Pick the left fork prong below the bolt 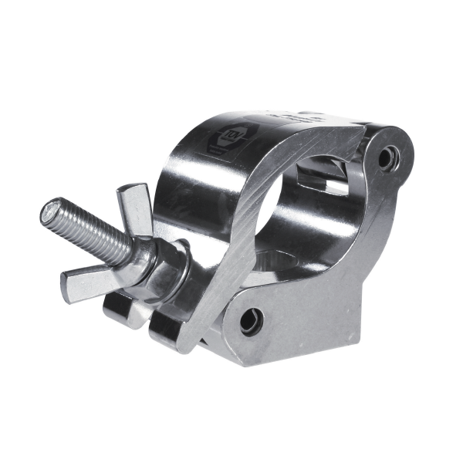[120, 309]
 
